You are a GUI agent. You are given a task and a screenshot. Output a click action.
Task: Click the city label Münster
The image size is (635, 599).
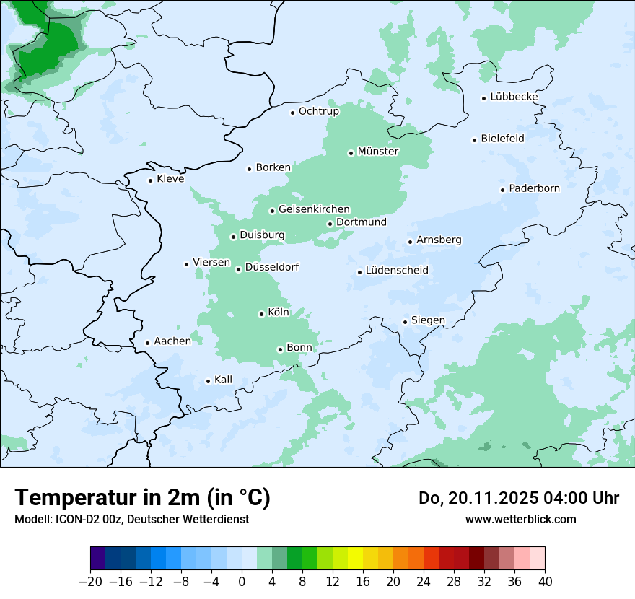click(377, 152)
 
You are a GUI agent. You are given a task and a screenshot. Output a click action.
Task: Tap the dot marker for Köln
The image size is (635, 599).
click(261, 314)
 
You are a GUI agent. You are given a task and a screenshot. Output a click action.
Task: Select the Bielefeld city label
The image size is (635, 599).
click(502, 138)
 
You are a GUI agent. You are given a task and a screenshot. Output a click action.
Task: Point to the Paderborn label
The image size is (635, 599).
click(534, 188)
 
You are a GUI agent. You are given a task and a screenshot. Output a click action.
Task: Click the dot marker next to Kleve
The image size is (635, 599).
click(150, 180)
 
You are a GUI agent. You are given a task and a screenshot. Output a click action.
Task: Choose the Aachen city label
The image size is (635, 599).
click(172, 341)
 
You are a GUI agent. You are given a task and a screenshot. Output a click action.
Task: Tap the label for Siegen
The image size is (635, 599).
click(428, 320)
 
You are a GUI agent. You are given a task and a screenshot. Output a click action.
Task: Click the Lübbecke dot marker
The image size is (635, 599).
click(484, 98)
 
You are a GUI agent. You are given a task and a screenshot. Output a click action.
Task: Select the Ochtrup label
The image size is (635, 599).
click(318, 111)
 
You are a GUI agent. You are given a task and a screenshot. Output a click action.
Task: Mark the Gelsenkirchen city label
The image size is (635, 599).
click(314, 209)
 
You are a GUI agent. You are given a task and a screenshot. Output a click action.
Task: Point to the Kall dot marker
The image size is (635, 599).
click(208, 381)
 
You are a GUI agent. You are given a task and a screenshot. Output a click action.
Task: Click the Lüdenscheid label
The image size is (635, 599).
click(397, 271)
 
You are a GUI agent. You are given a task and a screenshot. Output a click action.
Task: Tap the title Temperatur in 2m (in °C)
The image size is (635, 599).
click(142, 497)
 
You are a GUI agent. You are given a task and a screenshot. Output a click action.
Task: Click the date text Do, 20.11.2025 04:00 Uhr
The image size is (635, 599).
click(519, 498)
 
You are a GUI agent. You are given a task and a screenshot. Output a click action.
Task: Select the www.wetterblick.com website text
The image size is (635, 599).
click(520, 519)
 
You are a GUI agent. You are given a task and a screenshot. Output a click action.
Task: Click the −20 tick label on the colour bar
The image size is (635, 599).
click(90, 582)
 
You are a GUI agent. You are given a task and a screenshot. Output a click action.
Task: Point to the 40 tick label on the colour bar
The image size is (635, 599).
click(545, 582)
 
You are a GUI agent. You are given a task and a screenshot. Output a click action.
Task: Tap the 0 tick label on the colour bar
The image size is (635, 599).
click(242, 582)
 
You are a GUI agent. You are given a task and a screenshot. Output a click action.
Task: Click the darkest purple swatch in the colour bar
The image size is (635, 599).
click(98, 559)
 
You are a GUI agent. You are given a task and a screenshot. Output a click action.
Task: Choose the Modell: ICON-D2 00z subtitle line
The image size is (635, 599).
click(131, 519)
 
